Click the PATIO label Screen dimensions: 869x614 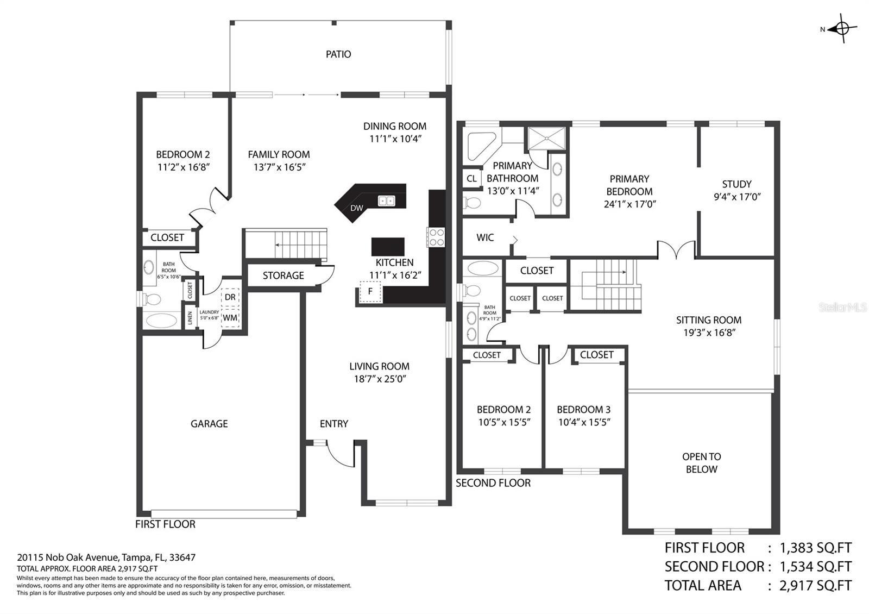coord(338,54)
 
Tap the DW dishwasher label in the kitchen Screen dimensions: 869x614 coord(356,208)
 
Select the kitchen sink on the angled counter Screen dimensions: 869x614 coord(386,201)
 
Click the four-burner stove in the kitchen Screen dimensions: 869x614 coord(436,237)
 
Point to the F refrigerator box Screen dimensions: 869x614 coord(370,291)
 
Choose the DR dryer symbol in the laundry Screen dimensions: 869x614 coord(230,297)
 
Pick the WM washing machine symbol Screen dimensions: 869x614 coord(230,318)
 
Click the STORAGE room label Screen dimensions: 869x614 coord(283,275)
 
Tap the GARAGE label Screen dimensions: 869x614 coord(209,424)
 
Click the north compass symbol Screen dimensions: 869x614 coord(841,28)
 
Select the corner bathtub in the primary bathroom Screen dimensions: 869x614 coord(481,146)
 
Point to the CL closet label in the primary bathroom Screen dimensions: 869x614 coord(472,179)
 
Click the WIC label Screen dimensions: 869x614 coord(485,237)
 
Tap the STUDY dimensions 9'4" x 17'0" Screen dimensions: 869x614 coord(736,197)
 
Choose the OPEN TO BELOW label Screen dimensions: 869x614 coord(701,463)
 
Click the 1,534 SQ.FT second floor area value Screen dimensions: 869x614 coord(815,567)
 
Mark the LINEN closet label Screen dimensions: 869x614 coord(190,318)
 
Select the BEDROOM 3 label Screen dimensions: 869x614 coord(583,410)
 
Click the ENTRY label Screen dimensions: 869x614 coord(333,424)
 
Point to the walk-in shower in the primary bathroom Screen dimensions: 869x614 coord(547,138)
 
